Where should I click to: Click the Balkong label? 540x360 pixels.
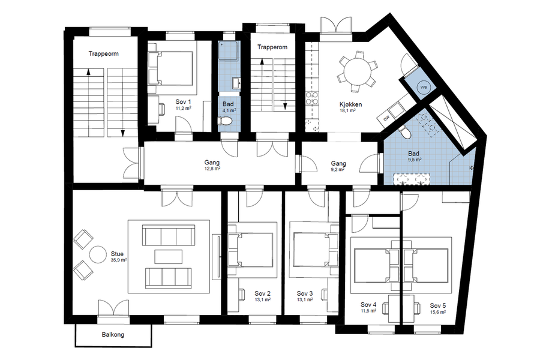point(113,335)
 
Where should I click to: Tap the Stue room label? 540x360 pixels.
point(117,254)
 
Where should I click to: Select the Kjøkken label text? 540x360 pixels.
point(350,104)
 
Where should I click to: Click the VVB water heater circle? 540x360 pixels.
point(423,88)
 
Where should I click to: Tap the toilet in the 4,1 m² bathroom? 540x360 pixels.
point(226,121)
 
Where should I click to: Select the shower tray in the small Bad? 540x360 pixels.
point(228,52)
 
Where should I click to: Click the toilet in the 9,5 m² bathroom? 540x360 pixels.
point(404,131)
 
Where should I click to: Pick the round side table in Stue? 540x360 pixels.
point(98,254)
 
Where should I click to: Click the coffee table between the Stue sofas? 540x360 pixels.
point(169,257)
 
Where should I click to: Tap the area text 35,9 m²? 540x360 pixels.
point(119,260)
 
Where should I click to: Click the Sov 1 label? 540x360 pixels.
point(183,101)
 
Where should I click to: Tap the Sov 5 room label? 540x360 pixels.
point(438,305)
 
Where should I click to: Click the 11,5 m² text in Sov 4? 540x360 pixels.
point(368,311)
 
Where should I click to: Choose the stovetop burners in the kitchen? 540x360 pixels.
point(312,98)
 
